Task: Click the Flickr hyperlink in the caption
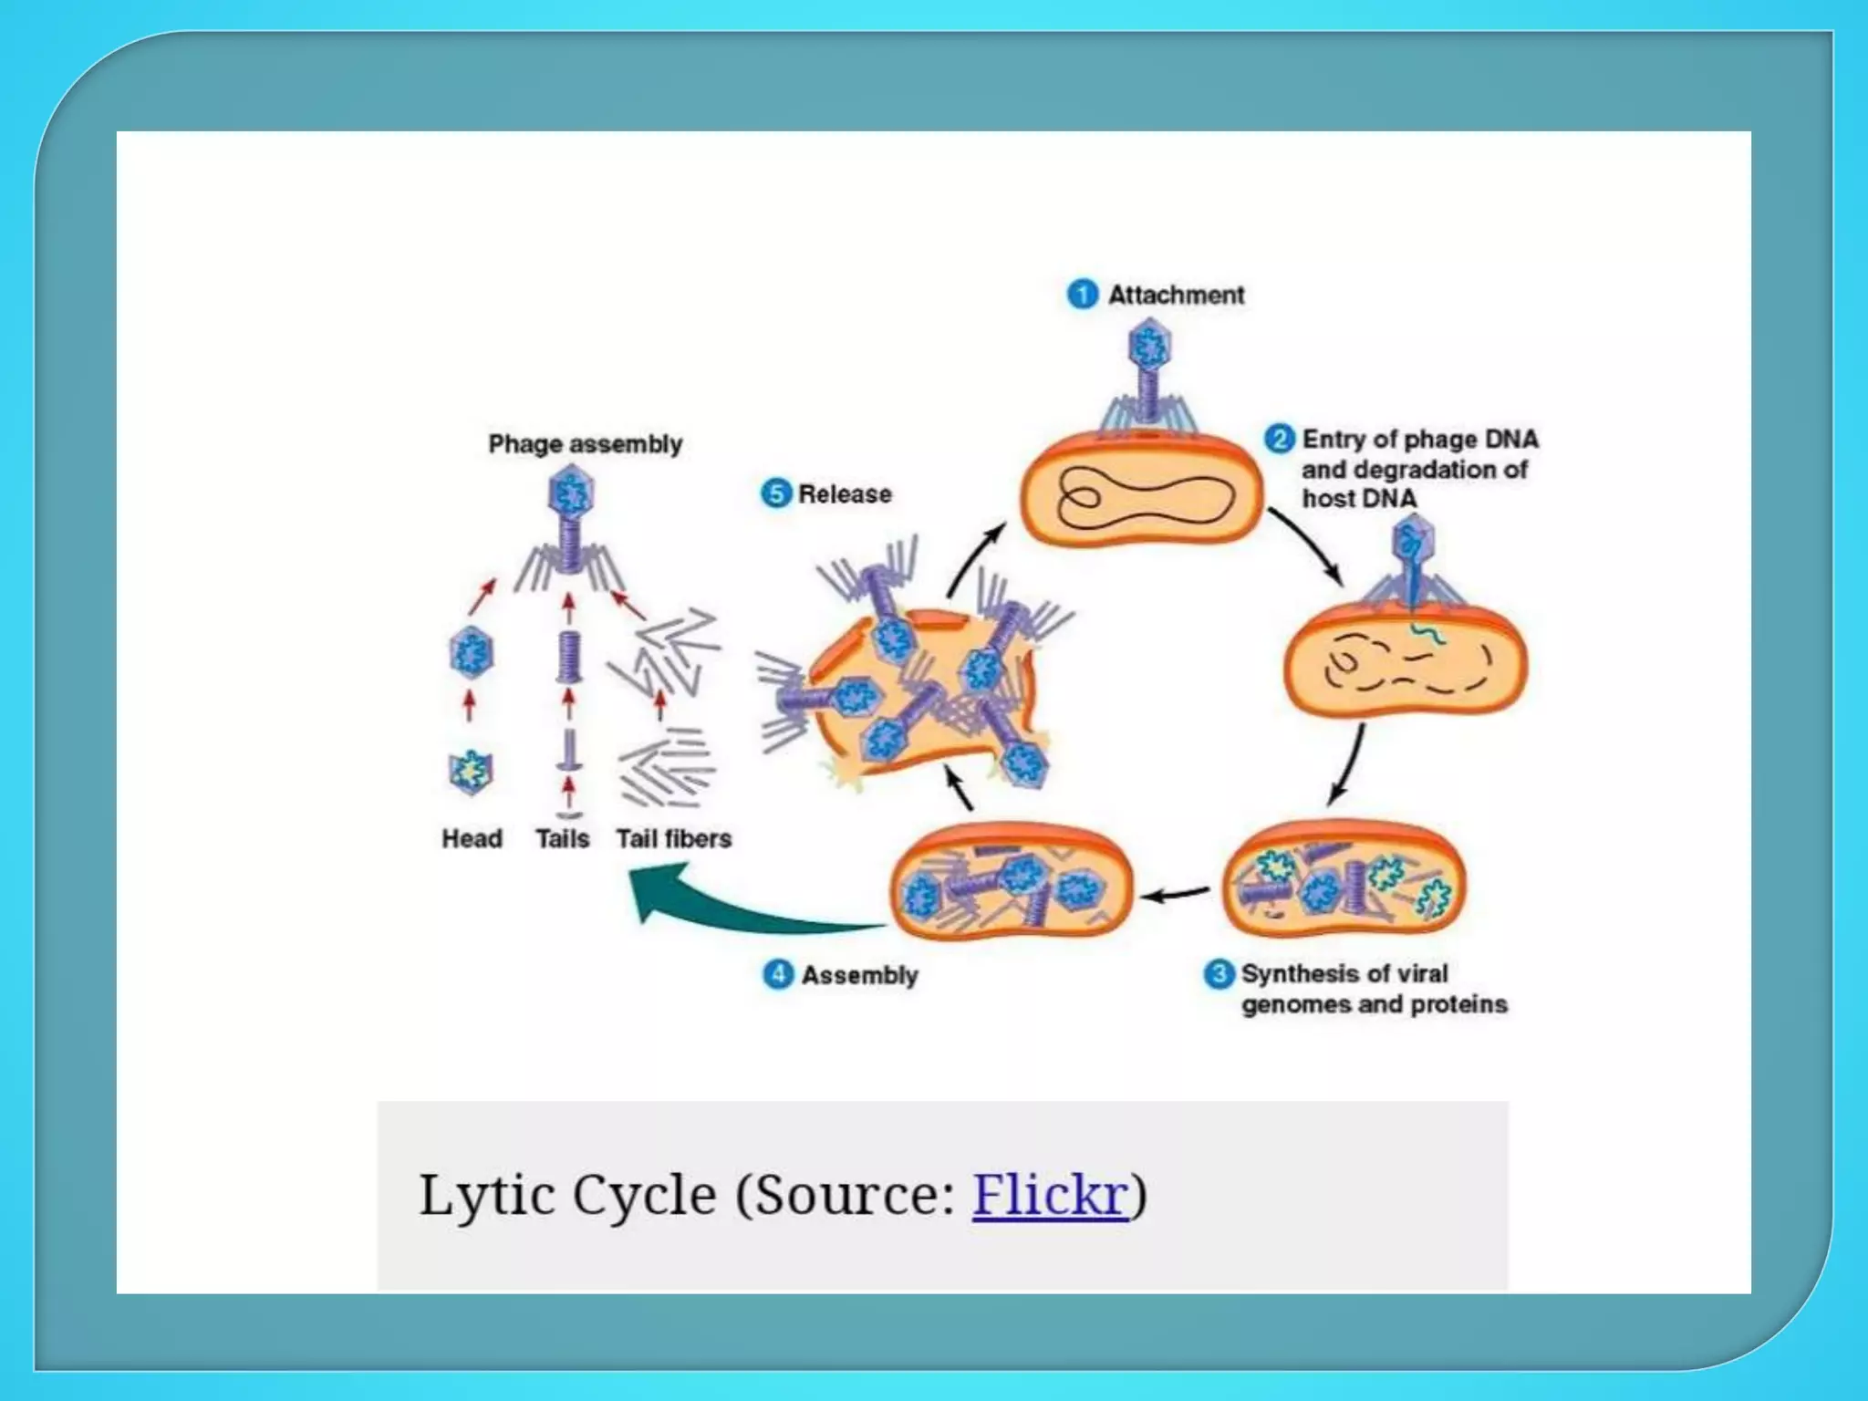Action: pyautogui.click(x=1050, y=1194)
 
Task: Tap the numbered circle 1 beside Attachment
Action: pyautogui.click(x=1083, y=295)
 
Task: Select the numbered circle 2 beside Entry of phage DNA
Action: pyautogui.click(x=1279, y=439)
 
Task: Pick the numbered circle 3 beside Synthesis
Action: pyautogui.click(x=1219, y=973)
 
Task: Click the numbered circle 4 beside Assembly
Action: pyautogui.click(x=777, y=974)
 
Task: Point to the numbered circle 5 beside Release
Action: pyautogui.click(x=775, y=493)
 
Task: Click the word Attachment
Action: pyautogui.click(x=1176, y=295)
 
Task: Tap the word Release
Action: pyautogui.click(x=845, y=493)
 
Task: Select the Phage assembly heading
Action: pyautogui.click(x=585, y=444)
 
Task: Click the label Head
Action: pyautogui.click(x=472, y=838)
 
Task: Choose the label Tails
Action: pyautogui.click(x=562, y=838)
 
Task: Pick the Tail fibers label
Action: pyautogui.click(x=673, y=838)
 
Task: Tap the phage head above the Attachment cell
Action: pyautogui.click(x=1149, y=346)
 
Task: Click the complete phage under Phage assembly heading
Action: pyautogui.click(x=571, y=529)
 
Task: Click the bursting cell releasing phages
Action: pyautogui.click(x=921, y=693)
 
